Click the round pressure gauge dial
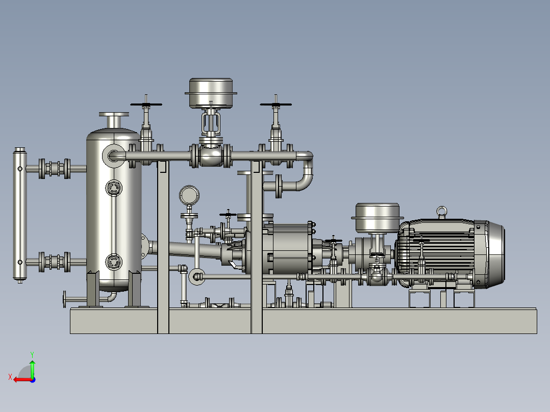tap(189, 195)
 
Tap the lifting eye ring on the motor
tap(442, 211)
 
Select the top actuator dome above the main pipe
tap(211, 93)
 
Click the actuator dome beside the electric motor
tap(378, 217)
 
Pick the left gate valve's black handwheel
tap(146, 104)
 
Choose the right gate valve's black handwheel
tap(276, 104)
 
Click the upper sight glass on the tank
tap(114, 188)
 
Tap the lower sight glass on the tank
tap(114, 262)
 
